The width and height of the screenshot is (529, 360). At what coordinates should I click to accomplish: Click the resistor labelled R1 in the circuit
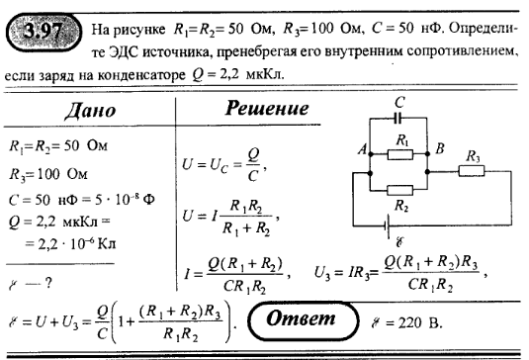click(398, 153)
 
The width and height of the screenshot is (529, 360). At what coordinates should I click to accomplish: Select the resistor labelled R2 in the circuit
click(398, 188)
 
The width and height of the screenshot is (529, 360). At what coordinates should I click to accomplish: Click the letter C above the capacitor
click(399, 101)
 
